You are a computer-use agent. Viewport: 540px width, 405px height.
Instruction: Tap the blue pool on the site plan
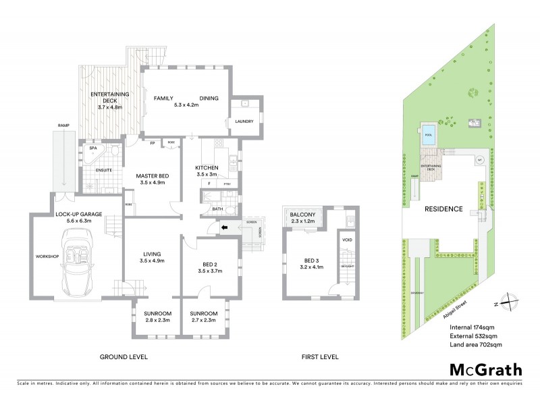(427, 134)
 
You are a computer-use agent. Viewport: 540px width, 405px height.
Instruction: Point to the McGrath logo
(486, 369)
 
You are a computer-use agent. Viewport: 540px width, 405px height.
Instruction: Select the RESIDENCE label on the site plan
(443, 209)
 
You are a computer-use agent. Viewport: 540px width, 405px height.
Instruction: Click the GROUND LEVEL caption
(124, 356)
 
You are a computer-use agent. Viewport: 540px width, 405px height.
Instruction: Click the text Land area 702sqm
(475, 345)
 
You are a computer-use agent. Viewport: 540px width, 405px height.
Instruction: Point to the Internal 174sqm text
(474, 327)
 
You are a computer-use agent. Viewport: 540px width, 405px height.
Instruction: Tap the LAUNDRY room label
(244, 122)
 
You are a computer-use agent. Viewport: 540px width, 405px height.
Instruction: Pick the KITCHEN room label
(208, 167)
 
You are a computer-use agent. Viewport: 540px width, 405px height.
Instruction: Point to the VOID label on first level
(347, 240)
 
